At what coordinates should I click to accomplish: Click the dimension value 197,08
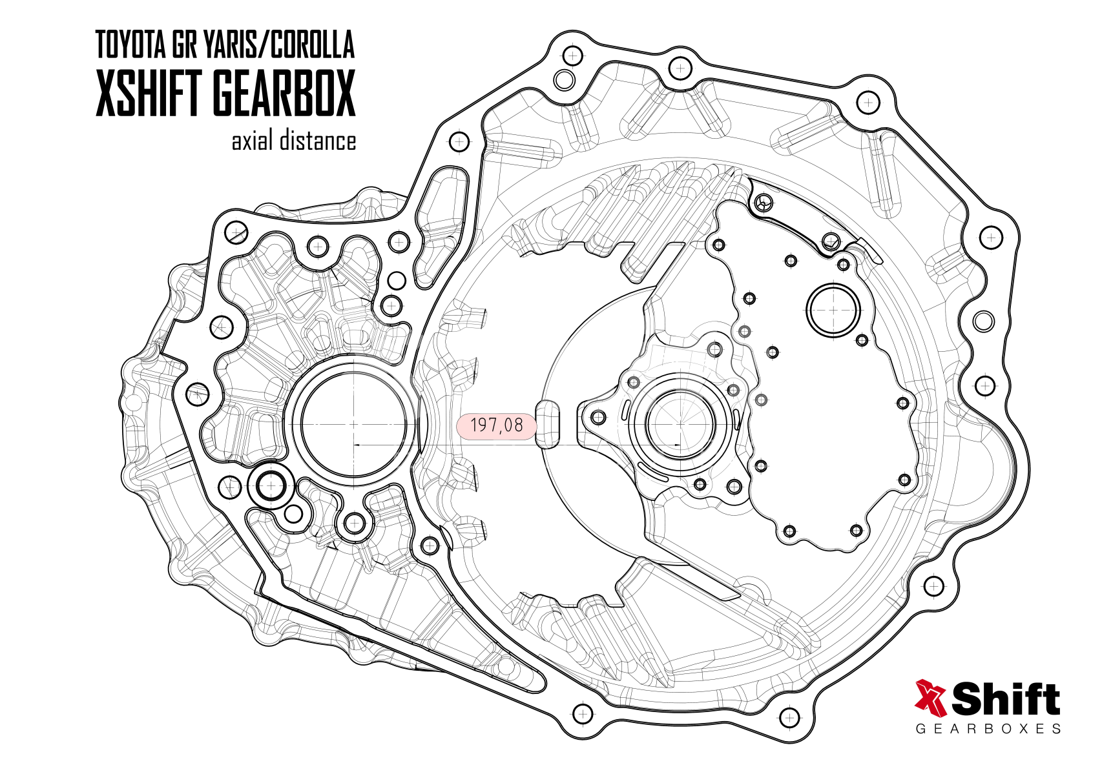(496, 425)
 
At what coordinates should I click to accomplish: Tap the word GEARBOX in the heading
(284, 93)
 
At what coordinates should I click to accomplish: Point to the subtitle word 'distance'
(317, 141)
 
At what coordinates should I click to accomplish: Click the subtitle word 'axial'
(252, 141)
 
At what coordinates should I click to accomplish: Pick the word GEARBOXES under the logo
(988, 729)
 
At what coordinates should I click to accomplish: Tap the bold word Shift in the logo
(1006, 698)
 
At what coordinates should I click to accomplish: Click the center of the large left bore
(354, 423)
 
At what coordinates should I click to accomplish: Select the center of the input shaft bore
(681, 424)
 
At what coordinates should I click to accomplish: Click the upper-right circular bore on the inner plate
(833, 311)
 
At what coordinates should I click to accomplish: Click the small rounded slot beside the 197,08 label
(548, 424)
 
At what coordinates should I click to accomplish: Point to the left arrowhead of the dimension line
(358, 445)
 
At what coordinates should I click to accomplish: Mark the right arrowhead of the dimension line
(678, 445)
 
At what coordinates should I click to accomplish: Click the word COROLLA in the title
(311, 45)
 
